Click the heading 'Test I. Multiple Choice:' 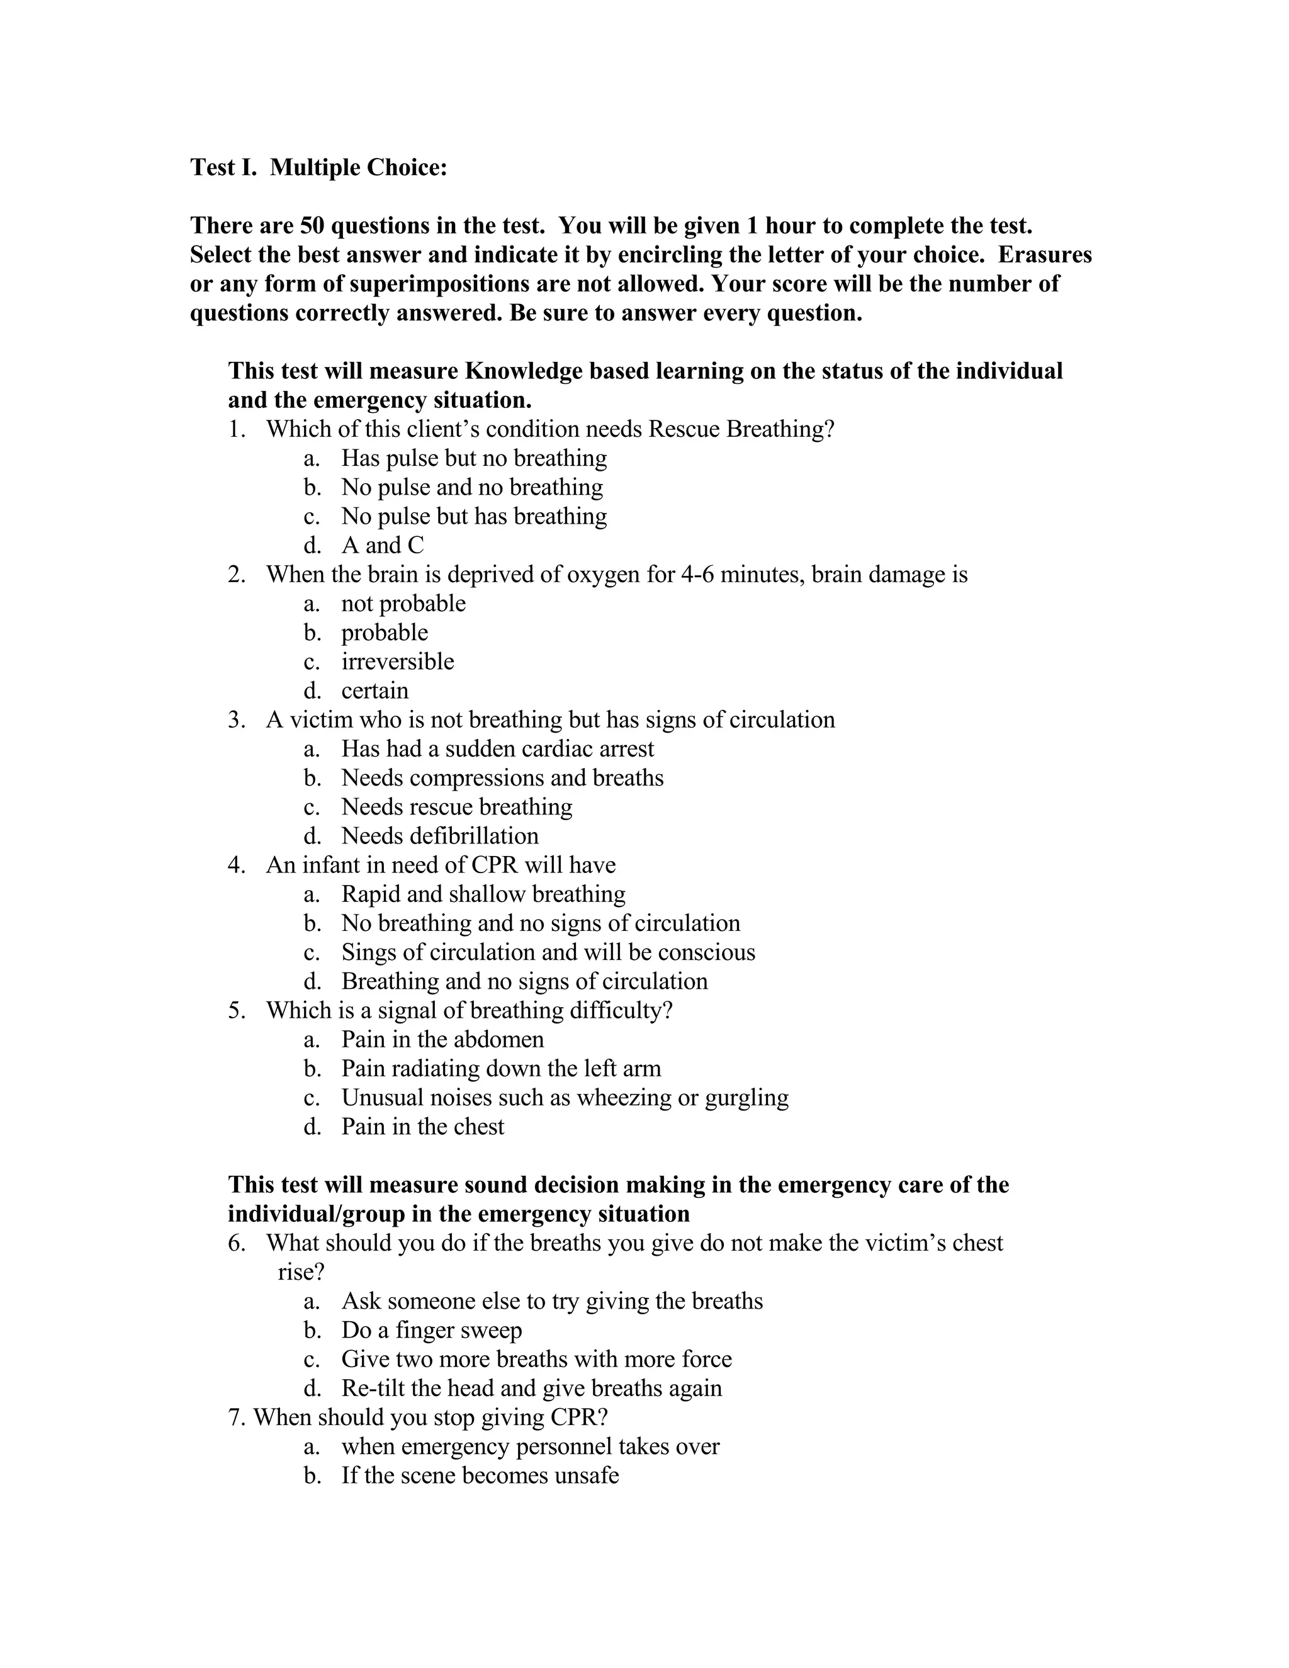pos(318,167)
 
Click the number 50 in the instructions pos(312,225)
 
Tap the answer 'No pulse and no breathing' pos(471,487)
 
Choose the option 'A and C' pos(382,545)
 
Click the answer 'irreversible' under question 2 pos(397,662)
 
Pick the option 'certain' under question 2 pos(374,690)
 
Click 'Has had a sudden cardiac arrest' pos(497,748)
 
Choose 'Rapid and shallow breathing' pos(483,894)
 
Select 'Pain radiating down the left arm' pos(501,1069)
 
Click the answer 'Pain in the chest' pos(422,1127)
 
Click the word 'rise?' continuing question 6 pos(301,1271)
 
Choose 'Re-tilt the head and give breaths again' pos(531,1388)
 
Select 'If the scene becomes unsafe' pos(480,1475)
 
